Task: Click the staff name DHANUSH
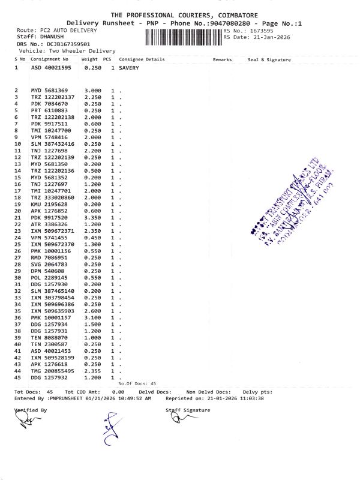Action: [46, 37]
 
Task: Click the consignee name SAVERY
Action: [129, 68]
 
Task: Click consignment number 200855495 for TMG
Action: [60, 371]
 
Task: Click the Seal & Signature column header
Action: [269, 60]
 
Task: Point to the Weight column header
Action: [89, 60]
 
